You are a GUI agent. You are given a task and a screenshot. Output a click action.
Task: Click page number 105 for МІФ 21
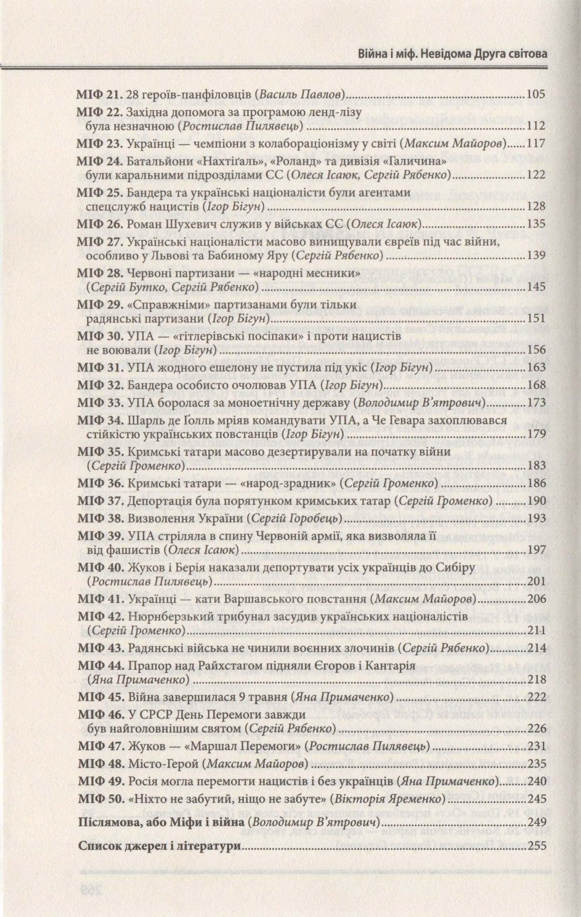(x=535, y=95)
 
